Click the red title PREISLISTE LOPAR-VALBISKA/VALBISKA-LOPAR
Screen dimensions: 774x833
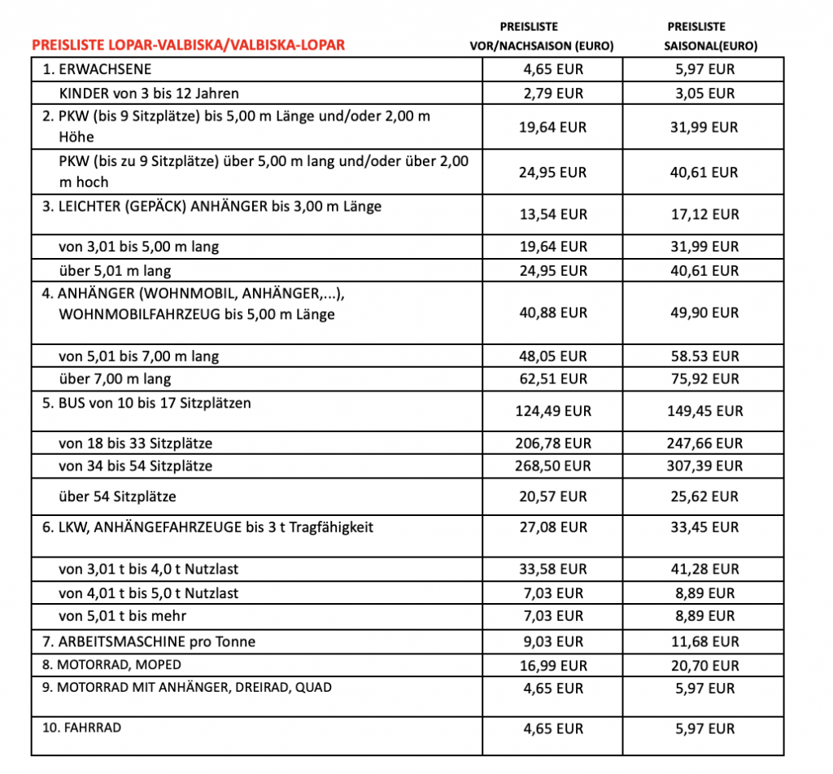point(188,45)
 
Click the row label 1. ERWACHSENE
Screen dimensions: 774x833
point(97,70)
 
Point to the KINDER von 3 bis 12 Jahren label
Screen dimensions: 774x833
point(149,94)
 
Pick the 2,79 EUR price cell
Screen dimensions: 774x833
point(553,94)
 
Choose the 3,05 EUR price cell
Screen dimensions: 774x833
point(704,94)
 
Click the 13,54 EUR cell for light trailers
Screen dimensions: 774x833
point(553,215)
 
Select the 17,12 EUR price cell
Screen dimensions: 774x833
point(704,215)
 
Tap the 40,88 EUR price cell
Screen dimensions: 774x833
point(553,313)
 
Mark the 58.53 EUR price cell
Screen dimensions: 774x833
point(704,356)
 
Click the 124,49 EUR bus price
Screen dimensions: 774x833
point(553,411)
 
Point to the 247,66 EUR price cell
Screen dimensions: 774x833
point(704,444)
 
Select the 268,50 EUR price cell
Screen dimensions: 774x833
point(553,466)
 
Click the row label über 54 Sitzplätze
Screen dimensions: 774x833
point(118,496)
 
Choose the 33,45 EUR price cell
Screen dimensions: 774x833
point(704,527)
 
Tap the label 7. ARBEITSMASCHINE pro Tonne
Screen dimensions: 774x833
point(149,642)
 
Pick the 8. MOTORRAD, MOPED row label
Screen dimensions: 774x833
point(113,665)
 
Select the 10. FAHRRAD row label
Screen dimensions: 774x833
point(81,727)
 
